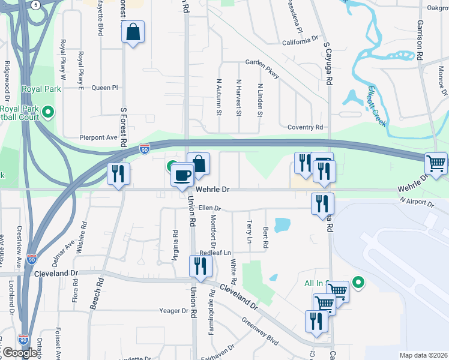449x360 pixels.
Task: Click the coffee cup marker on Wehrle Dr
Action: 182,175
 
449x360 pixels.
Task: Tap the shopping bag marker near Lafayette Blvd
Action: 133,32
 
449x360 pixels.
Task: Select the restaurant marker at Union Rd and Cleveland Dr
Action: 200,266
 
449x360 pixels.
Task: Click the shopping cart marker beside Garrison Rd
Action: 436,163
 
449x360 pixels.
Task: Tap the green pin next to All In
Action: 359,282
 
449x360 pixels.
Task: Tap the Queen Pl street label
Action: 104,88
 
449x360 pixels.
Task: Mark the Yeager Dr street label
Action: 174,311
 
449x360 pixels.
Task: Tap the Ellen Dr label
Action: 210,209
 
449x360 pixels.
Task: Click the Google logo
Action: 20,352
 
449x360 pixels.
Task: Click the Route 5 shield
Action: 36,5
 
